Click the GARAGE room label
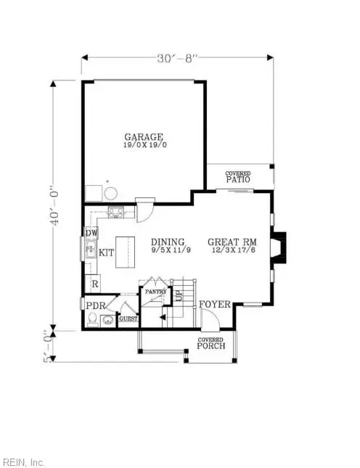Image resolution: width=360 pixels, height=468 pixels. point(143,136)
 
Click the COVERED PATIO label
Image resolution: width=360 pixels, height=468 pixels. point(237,176)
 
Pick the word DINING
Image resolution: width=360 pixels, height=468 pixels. point(168,242)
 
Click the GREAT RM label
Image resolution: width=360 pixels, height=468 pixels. point(229,242)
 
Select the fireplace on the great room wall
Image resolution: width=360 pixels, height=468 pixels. point(279,246)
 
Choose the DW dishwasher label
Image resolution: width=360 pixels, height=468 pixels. point(91,234)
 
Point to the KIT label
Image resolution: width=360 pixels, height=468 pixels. point(107,253)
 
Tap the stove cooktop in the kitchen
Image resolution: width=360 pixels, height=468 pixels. point(116,213)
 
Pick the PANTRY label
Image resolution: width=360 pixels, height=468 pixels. point(156,292)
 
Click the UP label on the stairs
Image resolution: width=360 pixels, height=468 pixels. point(178,295)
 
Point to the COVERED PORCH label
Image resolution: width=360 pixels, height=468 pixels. point(211,342)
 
